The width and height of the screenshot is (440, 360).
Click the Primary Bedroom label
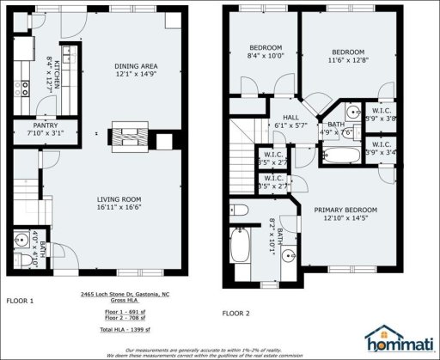coord(345,214)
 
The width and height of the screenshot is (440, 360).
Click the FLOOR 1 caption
coord(20,301)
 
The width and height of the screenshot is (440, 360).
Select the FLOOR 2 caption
coord(235,312)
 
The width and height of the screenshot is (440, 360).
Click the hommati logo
coord(398,338)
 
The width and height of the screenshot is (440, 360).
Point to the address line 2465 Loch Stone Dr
coord(126,295)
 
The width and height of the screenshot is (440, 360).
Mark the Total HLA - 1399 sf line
coord(126,330)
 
